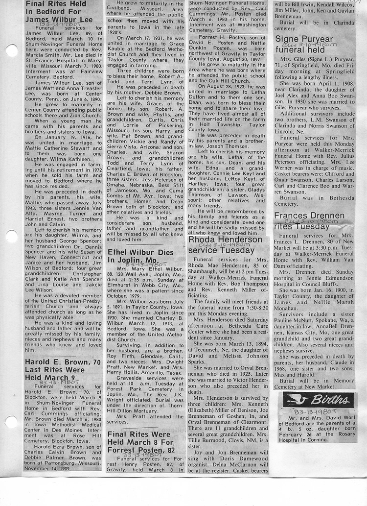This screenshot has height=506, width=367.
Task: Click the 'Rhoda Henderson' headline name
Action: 226,241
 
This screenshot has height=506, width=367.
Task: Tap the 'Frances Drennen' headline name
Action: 309,216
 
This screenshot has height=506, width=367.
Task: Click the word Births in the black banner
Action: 331,400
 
